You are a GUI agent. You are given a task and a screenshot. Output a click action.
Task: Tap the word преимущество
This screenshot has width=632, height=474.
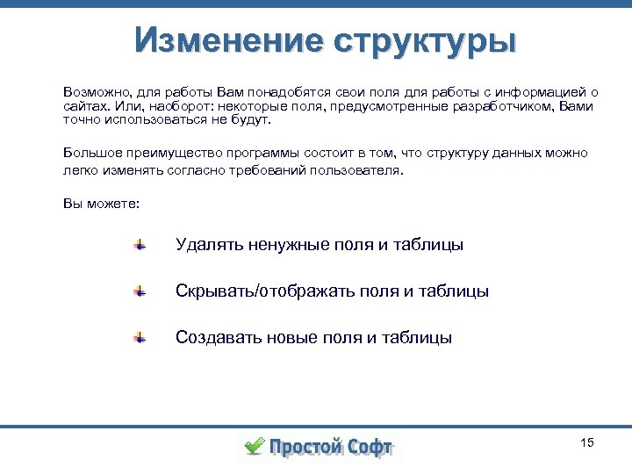(169, 153)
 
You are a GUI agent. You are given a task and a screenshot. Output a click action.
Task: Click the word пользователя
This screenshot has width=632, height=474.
(358, 171)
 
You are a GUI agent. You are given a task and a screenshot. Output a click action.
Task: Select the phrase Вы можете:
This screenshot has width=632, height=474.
(101, 203)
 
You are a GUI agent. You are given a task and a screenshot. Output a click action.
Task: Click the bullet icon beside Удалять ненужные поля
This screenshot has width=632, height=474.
(140, 245)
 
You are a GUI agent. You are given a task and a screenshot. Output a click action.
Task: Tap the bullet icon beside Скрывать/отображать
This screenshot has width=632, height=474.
(140, 291)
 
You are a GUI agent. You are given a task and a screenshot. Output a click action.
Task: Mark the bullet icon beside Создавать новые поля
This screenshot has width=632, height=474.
(140, 337)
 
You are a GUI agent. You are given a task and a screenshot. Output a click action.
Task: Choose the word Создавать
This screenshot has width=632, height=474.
(213, 337)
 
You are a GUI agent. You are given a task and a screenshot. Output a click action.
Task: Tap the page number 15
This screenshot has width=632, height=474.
(587, 442)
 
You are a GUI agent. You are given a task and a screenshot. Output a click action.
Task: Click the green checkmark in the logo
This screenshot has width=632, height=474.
(253, 446)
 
